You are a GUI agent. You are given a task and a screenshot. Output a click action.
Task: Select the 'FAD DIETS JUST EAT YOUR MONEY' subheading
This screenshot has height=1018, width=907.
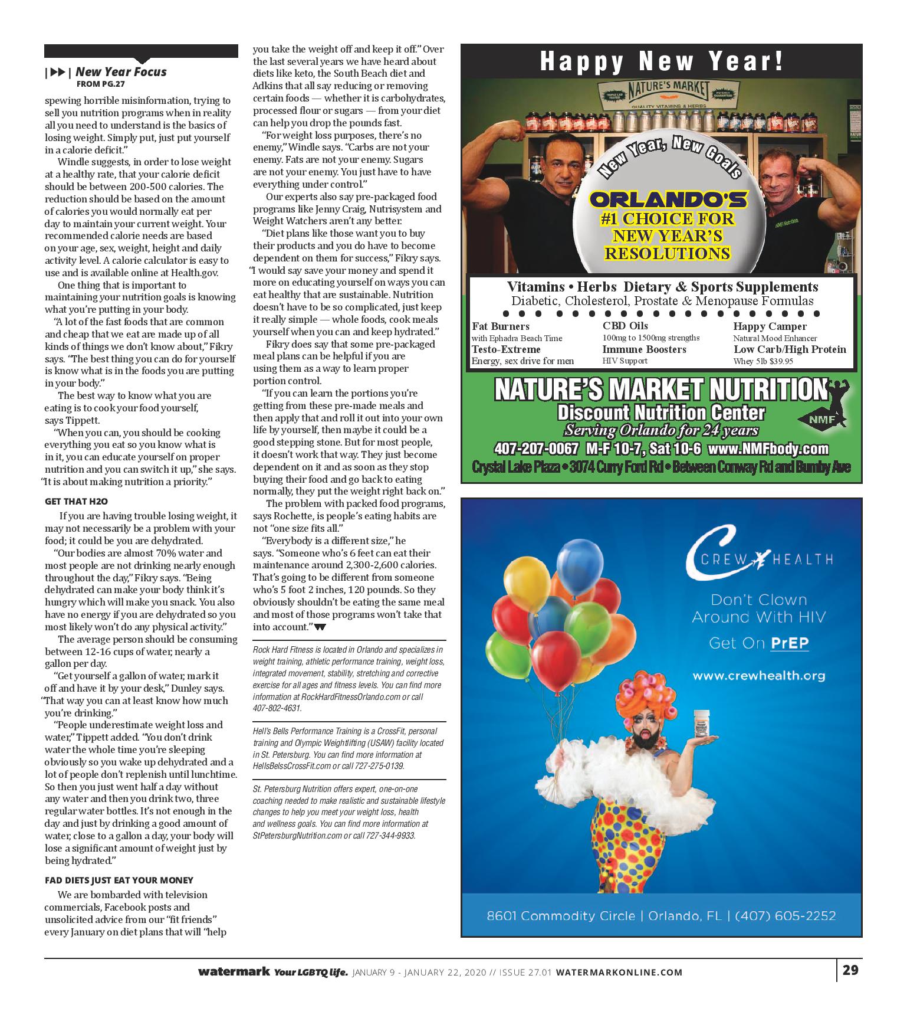[x=119, y=880]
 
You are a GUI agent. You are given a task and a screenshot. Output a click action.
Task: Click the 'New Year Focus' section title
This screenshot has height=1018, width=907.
[x=121, y=72]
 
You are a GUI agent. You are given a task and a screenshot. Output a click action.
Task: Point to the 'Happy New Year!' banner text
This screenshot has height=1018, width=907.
[x=662, y=61]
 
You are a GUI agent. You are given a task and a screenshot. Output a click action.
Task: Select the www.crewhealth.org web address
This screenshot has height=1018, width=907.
[x=758, y=676]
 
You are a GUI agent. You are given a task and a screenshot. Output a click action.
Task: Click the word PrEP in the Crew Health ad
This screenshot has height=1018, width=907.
[x=790, y=643]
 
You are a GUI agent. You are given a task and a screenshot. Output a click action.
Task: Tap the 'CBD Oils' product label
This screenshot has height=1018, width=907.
[x=625, y=326]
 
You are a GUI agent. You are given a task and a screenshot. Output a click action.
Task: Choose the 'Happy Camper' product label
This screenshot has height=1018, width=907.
[x=770, y=326]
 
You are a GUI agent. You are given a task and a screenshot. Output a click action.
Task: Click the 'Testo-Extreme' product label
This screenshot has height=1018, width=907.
[x=506, y=349]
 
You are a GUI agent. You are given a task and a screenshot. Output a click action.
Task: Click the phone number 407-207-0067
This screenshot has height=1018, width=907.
[x=536, y=449]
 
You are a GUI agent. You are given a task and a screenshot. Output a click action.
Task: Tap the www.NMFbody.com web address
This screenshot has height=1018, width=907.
[x=768, y=449]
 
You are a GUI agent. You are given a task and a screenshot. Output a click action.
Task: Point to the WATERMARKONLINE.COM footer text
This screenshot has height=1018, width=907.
[x=619, y=973]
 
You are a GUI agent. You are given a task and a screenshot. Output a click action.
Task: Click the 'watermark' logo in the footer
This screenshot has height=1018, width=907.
[x=235, y=971]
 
